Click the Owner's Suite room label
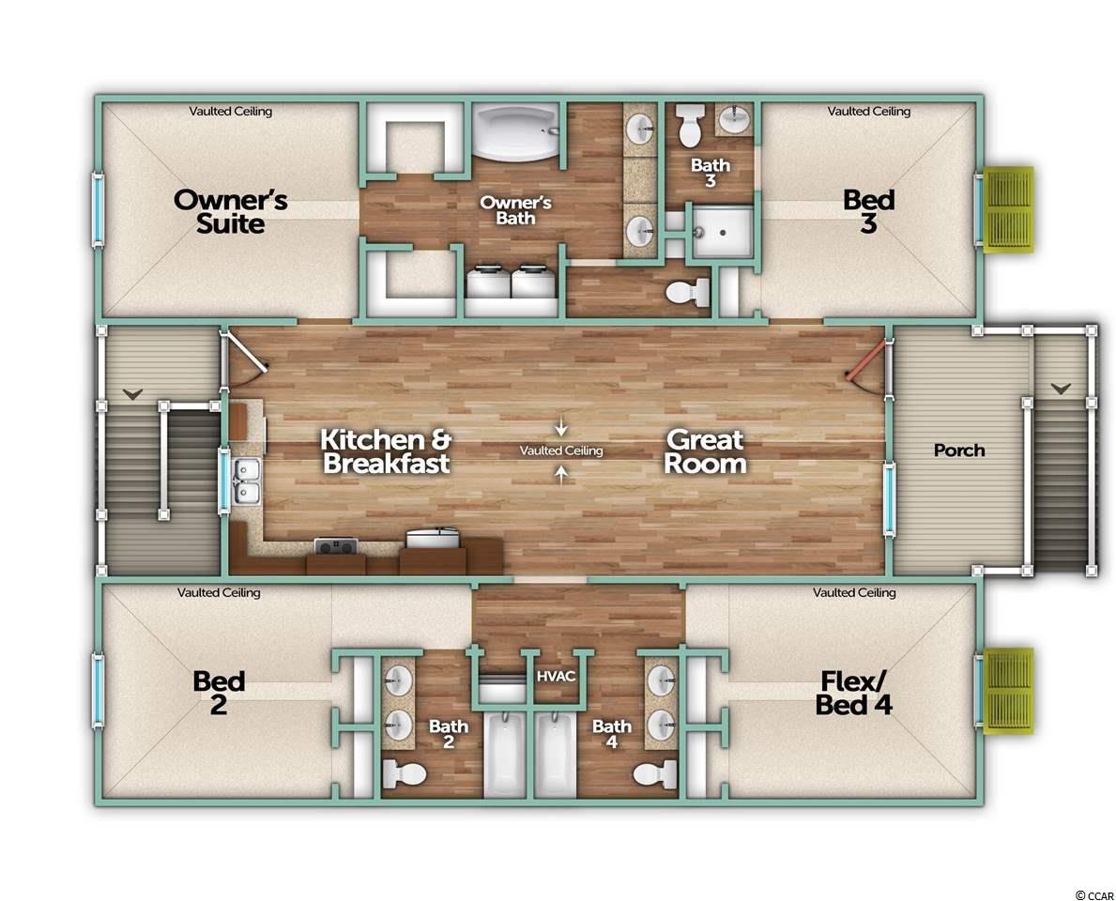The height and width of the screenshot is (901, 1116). (x=231, y=211)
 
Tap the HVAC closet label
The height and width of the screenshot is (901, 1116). (x=556, y=676)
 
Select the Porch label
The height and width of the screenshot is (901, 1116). (x=959, y=450)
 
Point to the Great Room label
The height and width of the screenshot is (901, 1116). (x=705, y=451)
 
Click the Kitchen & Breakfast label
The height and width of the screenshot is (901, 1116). (x=386, y=451)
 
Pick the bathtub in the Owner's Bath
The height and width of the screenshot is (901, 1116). (x=516, y=131)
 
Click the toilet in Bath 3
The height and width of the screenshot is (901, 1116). (x=689, y=125)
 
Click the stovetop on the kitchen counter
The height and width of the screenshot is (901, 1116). (x=335, y=546)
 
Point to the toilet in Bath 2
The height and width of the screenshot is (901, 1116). (x=405, y=773)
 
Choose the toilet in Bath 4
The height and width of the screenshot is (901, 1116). (x=654, y=773)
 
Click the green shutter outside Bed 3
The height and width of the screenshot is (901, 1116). (x=1008, y=209)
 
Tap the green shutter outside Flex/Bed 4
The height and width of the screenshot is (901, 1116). (x=1008, y=691)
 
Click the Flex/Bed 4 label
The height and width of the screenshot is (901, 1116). (x=853, y=694)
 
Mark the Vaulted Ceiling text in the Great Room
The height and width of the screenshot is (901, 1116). (x=561, y=450)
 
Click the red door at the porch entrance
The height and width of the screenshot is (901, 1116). (x=866, y=360)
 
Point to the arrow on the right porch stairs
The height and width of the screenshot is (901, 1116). (x=1062, y=389)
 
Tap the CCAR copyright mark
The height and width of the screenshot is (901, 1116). (x=1093, y=895)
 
